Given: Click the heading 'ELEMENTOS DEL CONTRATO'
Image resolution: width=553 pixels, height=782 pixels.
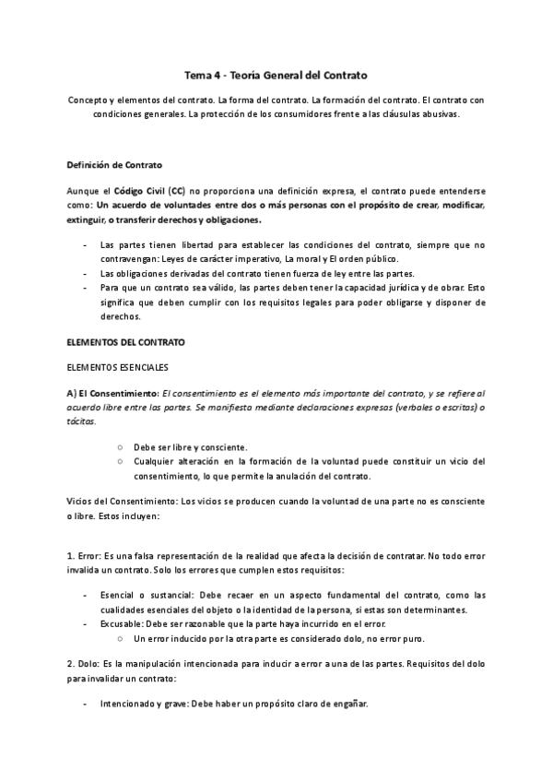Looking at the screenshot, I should point(125,341).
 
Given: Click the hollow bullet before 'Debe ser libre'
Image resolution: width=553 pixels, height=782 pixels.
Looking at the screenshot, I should point(120,445).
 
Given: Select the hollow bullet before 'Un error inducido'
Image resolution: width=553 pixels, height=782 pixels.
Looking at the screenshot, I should point(120,638).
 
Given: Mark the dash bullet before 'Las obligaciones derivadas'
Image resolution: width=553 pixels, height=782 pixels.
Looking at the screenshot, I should point(85,273).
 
